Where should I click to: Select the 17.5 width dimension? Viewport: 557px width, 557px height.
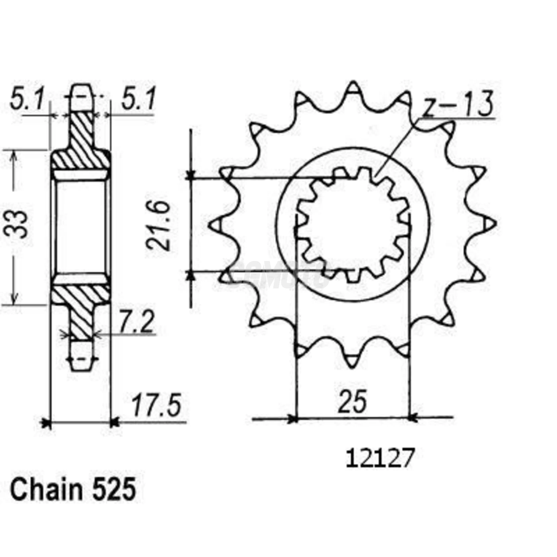click(156, 405)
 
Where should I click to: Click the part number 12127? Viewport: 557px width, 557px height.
click(380, 458)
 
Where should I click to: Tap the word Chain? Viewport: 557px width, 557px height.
click(46, 490)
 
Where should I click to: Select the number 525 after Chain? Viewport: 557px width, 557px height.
click(114, 490)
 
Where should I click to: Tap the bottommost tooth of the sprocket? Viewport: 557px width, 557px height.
click(352, 361)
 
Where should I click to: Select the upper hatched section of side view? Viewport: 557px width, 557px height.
click(82, 143)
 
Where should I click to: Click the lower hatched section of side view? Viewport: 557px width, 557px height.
click(82, 306)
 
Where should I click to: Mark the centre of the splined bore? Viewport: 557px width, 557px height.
click(353, 224)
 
